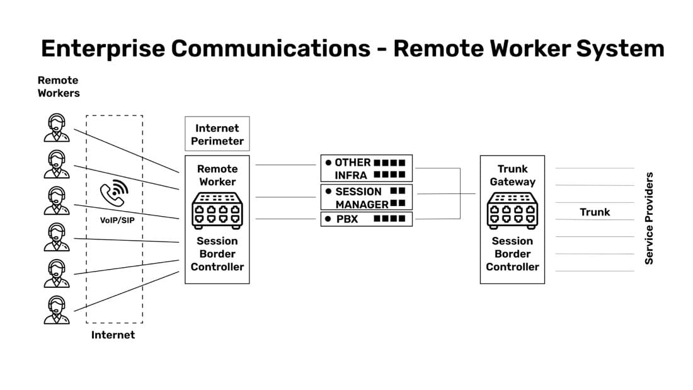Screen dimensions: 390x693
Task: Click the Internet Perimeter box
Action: [x=217, y=134]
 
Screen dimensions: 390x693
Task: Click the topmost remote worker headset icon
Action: [x=57, y=128]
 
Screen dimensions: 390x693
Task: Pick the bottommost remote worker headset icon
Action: [x=57, y=309]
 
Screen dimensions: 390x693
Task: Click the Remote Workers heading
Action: [x=58, y=86]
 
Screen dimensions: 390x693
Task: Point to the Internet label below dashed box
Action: [x=113, y=335]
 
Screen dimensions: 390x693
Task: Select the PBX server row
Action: [x=367, y=219]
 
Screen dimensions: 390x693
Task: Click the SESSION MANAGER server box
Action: [x=367, y=197]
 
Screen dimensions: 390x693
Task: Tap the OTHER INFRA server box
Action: [x=367, y=168]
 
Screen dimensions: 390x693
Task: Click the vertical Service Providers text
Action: [x=650, y=218]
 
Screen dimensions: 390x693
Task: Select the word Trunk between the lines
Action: [x=595, y=212]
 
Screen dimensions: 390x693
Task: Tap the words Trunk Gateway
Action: [x=512, y=175]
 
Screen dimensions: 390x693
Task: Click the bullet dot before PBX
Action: [x=328, y=219]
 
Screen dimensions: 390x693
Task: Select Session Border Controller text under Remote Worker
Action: [x=217, y=254]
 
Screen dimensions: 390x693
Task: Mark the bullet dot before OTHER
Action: [x=328, y=163]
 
